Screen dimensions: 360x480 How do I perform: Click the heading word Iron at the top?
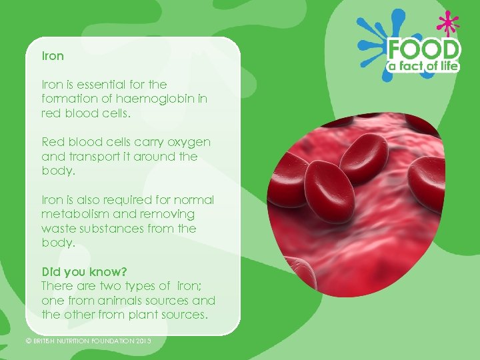(x=53, y=56)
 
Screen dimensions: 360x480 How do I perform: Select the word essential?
(x=96, y=85)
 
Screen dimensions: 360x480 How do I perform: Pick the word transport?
(x=92, y=157)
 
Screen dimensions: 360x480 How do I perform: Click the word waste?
(x=56, y=229)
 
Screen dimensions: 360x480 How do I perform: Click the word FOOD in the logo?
(x=425, y=49)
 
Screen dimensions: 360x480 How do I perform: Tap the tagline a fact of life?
(x=425, y=66)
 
